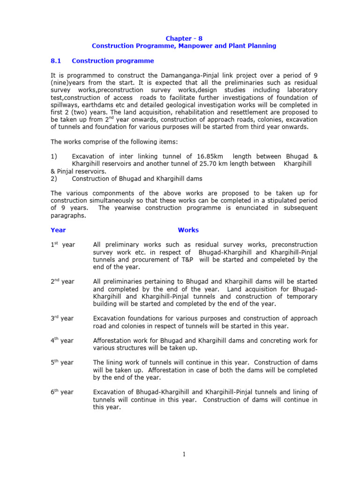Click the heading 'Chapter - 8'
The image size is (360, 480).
(x=184, y=38)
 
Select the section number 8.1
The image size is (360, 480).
(x=56, y=61)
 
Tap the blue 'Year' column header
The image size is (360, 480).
(x=58, y=230)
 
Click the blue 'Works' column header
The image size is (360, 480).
(x=188, y=230)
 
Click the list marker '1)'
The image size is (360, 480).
(x=53, y=156)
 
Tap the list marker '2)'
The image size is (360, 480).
(x=53, y=179)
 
